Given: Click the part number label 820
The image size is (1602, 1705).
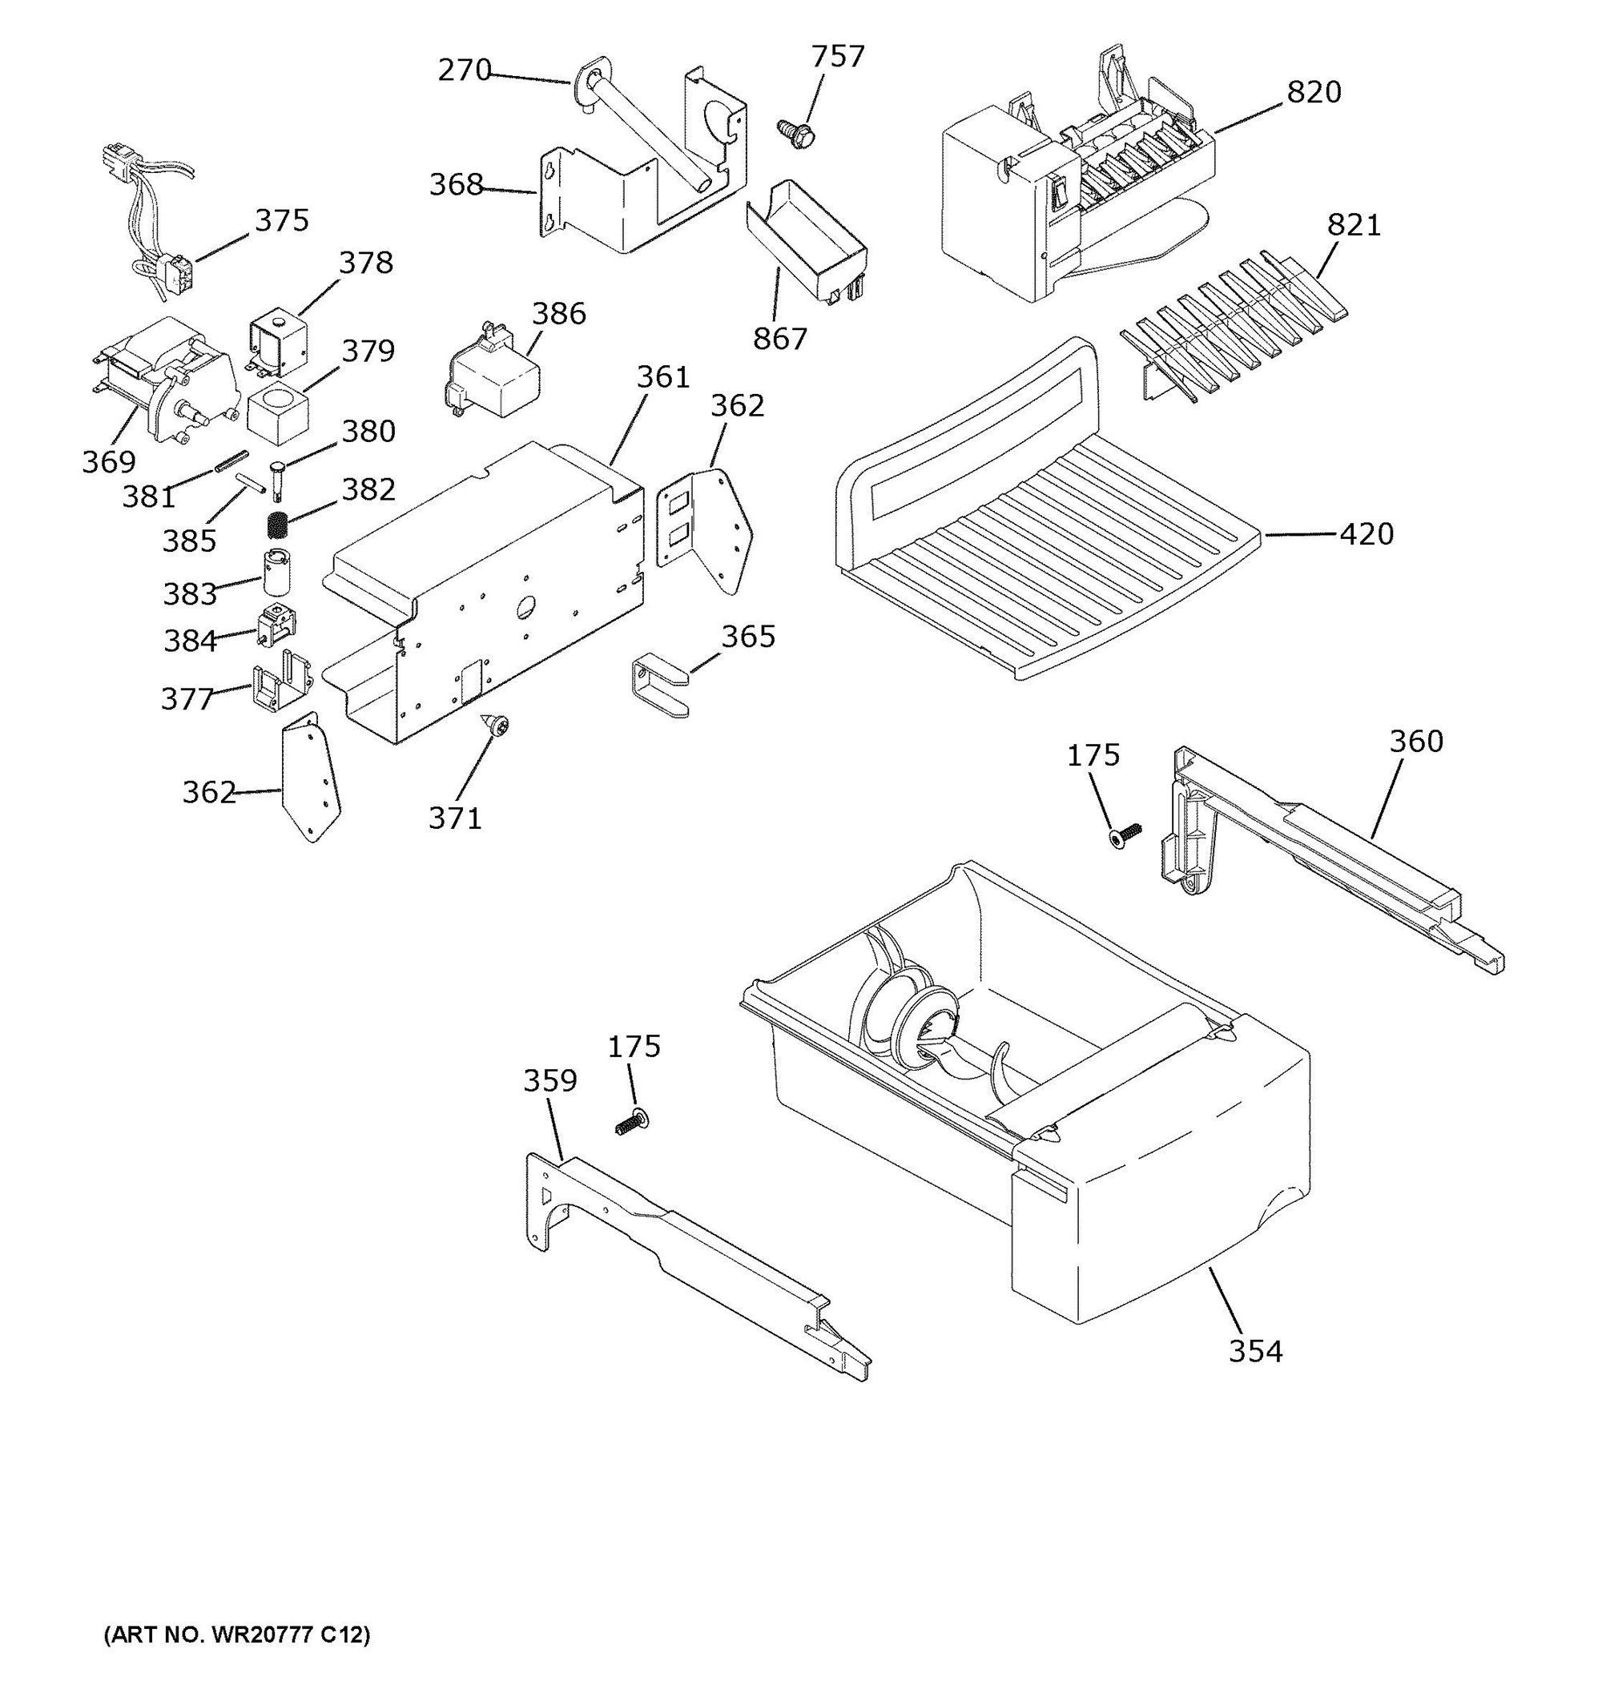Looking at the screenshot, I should tap(1313, 92).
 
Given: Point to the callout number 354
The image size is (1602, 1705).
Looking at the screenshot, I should tap(1255, 1351).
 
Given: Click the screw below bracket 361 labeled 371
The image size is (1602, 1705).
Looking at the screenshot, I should tap(497, 726).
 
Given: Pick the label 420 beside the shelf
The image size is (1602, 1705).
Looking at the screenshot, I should tap(1367, 533).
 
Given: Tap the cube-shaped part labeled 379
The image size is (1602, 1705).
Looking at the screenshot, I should tap(277, 414).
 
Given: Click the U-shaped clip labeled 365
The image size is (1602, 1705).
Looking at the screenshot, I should tap(656, 682).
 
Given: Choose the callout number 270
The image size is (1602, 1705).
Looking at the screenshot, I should tap(464, 70).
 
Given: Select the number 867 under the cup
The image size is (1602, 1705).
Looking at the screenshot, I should tap(779, 339).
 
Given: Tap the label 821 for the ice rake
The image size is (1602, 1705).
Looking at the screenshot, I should tap(1354, 225).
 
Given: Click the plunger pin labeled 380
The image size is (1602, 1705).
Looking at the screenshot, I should tap(279, 479).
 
